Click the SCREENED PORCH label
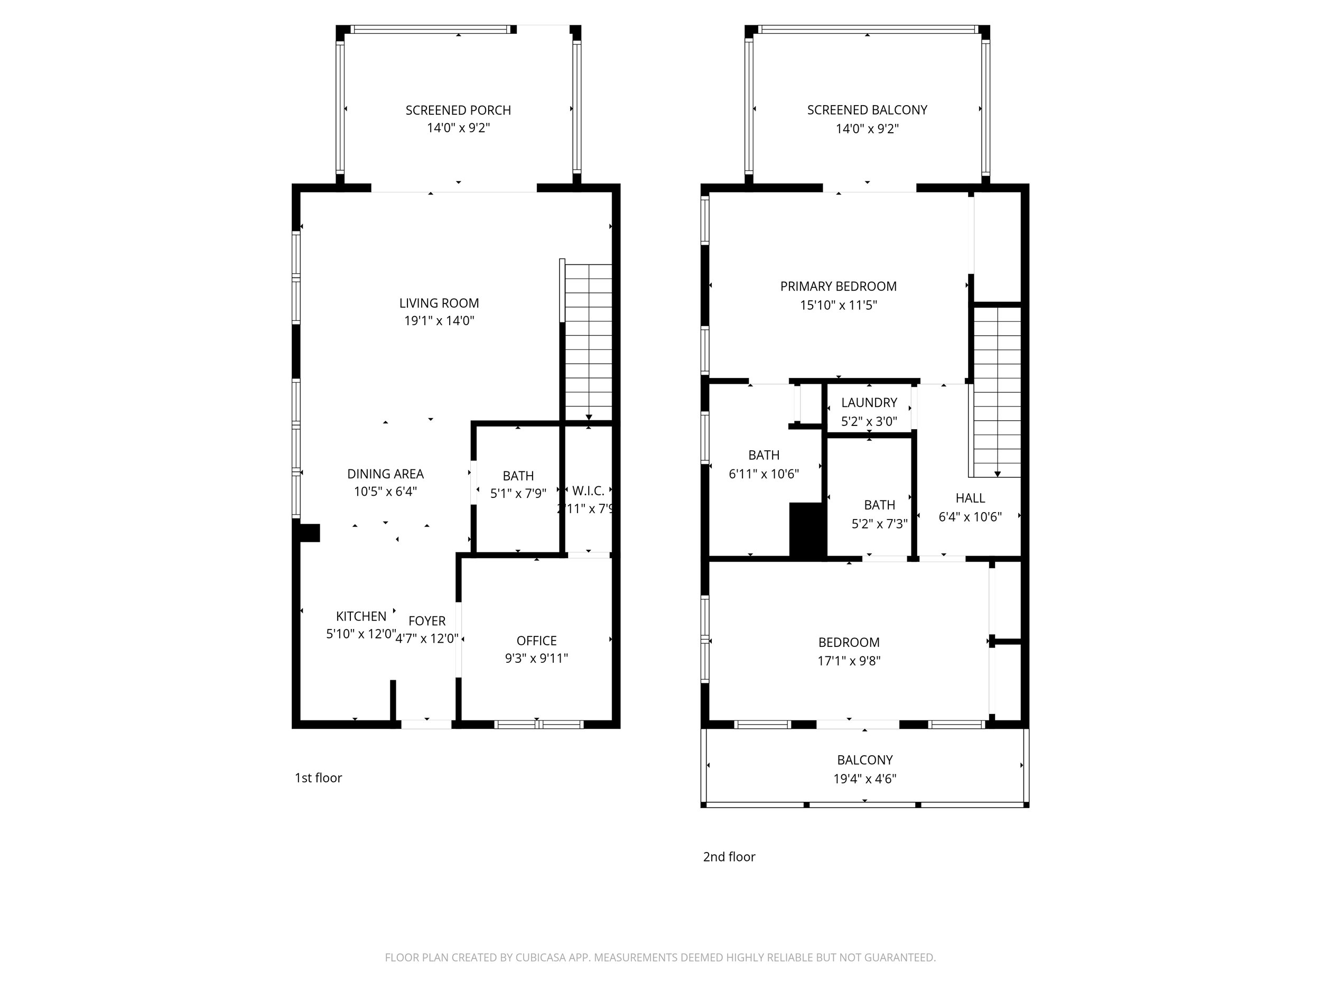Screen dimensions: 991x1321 pos(458,110)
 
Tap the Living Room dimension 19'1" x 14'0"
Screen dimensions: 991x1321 pos(439,321)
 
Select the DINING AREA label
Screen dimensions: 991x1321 pos(385,474)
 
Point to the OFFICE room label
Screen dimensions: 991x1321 pos(536,641)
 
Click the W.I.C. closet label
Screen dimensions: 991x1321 pos(588,491)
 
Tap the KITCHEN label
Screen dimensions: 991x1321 pos(361,616)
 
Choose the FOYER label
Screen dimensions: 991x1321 pos(427,621)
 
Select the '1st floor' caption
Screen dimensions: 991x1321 pos(318,778)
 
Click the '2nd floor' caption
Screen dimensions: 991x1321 pos(729,857)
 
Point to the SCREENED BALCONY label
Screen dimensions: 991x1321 pos(867,110)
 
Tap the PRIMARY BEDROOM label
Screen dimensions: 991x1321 pos(838,286)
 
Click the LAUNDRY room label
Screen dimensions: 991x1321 pos(869,403)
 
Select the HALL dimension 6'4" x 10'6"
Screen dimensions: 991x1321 pos(970,517)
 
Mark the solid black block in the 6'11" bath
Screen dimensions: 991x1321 pos(807,529)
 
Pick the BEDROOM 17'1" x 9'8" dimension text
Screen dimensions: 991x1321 pos(849,661)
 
